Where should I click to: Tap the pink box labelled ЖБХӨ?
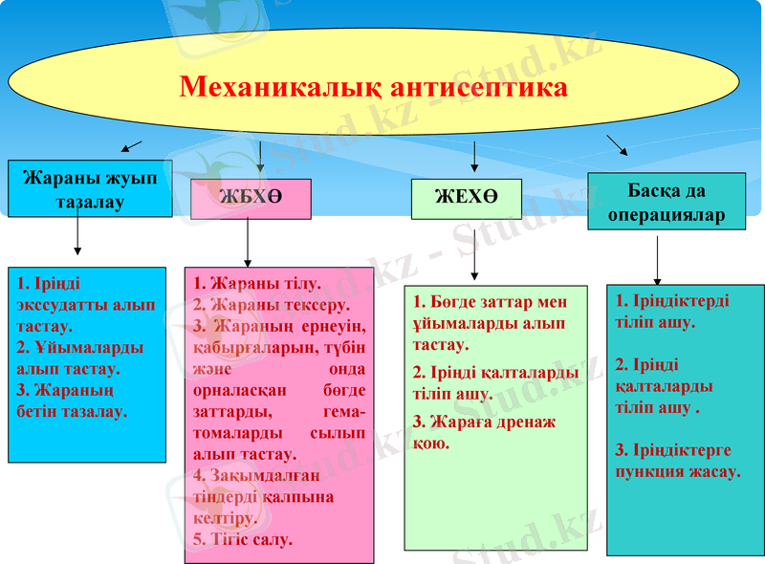(251, 198)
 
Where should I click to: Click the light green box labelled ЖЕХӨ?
(466, 198)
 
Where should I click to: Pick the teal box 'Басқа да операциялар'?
(666, 202)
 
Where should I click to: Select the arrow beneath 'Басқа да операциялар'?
(657, 259)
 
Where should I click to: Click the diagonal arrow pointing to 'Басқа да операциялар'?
(618, 144)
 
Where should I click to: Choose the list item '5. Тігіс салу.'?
(243, 539)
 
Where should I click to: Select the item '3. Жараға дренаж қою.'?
(484, 432)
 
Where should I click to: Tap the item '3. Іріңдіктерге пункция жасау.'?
(676, 460)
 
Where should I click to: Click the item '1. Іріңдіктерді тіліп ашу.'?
(668, 311)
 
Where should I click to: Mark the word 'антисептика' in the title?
(480, 88)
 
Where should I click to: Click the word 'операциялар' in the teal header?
(666, 215)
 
